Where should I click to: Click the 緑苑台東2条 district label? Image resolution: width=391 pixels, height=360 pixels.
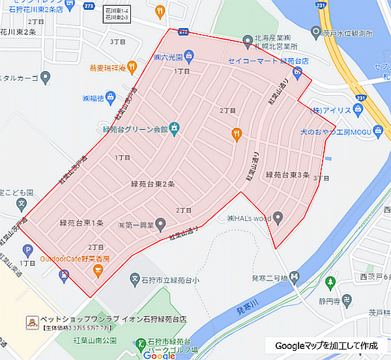point(152,185)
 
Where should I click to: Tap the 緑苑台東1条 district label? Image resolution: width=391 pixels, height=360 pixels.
point(81,223)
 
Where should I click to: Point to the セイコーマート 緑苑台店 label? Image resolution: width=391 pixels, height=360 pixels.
point(258,61)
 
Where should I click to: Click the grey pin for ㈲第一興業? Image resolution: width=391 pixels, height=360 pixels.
point(161,225)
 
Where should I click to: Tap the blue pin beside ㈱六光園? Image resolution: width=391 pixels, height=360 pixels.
point(188,55)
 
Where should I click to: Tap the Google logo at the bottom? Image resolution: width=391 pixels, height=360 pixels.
point(160,355)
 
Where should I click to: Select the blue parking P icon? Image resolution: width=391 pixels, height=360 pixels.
point(27,250)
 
